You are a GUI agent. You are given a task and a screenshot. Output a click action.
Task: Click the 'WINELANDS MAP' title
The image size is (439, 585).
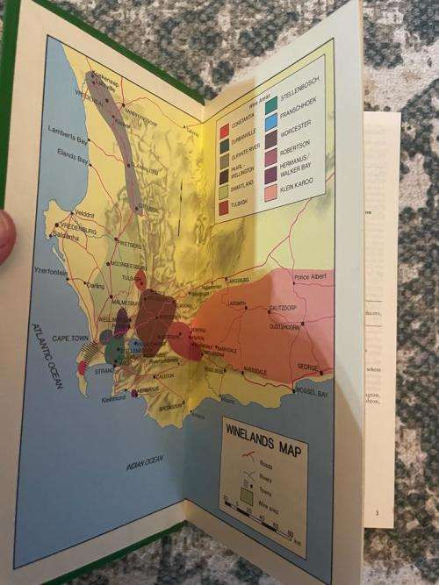click(262, 432)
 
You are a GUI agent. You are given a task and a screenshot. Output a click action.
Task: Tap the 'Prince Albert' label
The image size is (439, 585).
click(312, 279)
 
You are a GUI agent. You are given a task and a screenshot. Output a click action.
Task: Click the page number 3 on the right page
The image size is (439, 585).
click(377, 512)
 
